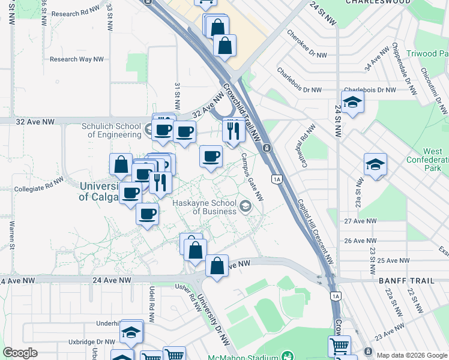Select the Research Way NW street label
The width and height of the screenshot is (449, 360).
pos(73,59)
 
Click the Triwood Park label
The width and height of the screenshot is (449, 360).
pos(429,53)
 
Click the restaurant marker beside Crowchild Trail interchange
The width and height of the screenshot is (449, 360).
pos(233,129)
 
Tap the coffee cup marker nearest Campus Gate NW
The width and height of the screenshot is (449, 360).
pos(210,157)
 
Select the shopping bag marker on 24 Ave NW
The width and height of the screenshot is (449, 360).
pos(217,266)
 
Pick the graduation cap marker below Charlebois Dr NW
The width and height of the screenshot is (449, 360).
pos(353,102)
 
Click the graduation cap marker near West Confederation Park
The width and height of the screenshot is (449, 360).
pos(375,164)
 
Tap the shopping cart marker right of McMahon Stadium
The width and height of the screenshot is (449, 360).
pos(339,346)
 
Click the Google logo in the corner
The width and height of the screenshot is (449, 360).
pos(20,353)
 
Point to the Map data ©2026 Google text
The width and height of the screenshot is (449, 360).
pos(412,355)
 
